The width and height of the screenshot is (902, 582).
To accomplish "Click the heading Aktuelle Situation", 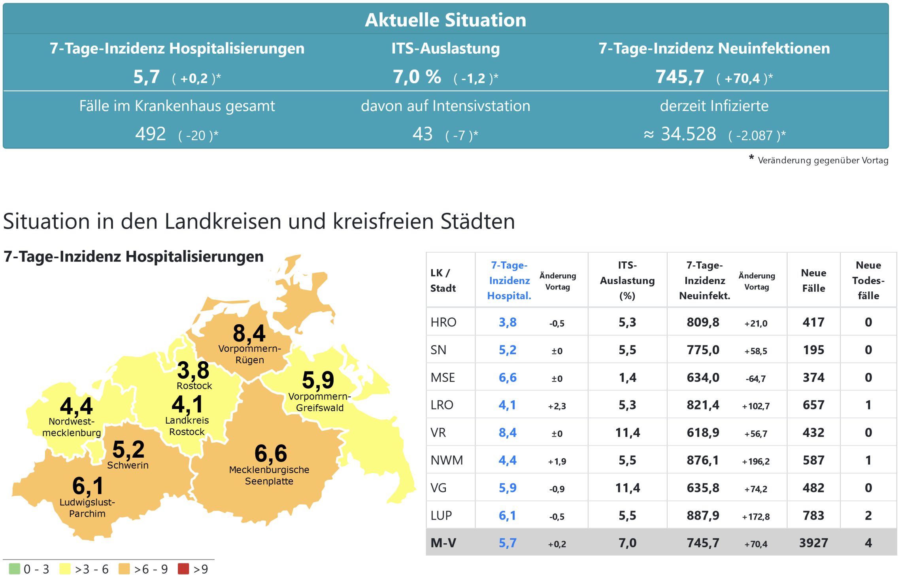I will [445, 20].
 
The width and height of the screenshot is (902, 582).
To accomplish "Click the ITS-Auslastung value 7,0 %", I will [417, 77].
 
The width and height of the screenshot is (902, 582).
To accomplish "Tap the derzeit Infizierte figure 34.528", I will [688, 134].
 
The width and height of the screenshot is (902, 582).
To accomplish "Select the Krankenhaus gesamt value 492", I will [151, 134].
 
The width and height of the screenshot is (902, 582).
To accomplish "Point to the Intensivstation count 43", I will [423, 134].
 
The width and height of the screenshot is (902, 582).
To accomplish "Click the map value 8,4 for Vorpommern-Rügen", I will [249, 333].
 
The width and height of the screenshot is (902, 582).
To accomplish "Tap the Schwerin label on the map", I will [128, 465].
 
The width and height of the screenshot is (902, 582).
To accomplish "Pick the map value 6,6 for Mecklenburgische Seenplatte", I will [271, 453].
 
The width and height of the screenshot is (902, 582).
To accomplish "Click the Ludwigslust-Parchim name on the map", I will [87, 508].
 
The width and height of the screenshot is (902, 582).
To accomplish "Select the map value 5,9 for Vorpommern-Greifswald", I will [318, 380].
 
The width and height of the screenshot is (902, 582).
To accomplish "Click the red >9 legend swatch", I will [183, 569].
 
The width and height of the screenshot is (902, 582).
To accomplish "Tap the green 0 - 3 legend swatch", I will [14, 569].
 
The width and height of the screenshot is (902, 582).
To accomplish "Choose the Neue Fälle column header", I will [813, 280].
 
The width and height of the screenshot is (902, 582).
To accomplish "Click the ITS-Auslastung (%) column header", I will [627, 280].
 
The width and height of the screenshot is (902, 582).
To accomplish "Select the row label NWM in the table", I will [447, 460].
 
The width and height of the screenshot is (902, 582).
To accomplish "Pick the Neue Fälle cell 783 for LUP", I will [813, 515].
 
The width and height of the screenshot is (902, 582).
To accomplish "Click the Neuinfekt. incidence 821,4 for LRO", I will [703, 405].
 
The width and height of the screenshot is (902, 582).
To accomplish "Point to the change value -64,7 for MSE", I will [756, 379].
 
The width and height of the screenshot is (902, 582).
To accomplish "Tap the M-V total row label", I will [443, 543].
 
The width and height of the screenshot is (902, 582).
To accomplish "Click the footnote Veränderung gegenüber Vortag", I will [823, 160].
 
